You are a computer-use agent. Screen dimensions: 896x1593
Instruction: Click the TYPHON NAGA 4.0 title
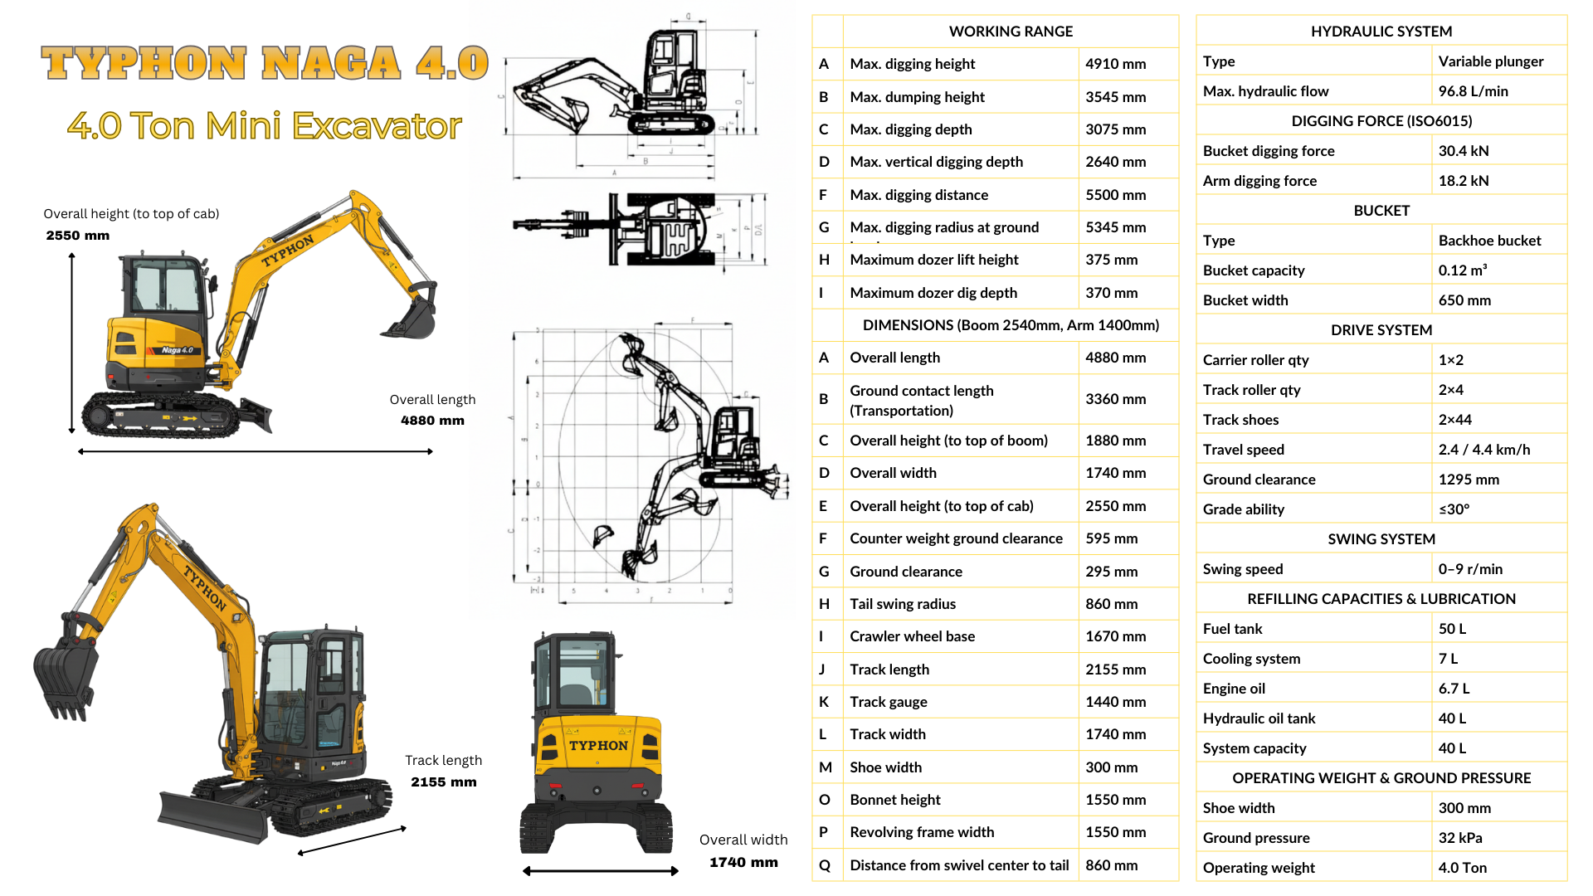click(265, 63)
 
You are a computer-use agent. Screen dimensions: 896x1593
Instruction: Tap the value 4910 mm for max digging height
click(1115, 64)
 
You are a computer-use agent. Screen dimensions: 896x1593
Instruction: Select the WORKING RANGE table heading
click(1011, 32)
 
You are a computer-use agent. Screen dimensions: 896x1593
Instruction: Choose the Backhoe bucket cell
click(1489, 241)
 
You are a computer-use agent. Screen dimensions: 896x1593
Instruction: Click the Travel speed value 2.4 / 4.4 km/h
click(1484, 450)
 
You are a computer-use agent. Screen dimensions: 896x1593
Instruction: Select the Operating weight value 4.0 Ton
click(1462, 868)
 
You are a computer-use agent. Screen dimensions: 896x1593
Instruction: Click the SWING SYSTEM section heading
click(1381, 539)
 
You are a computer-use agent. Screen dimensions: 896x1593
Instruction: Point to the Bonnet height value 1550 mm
click(1115, 800)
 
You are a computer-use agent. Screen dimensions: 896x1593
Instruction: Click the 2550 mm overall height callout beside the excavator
click(78, 236)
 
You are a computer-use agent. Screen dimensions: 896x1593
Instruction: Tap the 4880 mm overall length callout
click(432, 421)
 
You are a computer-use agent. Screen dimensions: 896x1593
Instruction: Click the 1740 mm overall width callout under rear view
click(743, 863)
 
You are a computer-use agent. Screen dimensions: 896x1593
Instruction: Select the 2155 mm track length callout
click(444, 782)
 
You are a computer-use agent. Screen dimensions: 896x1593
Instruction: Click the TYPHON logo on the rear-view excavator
click(598, 746)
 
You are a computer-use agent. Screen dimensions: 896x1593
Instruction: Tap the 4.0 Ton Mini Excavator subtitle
click(265, 126)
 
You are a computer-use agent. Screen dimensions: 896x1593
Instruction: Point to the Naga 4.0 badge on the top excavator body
click(177, 350)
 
